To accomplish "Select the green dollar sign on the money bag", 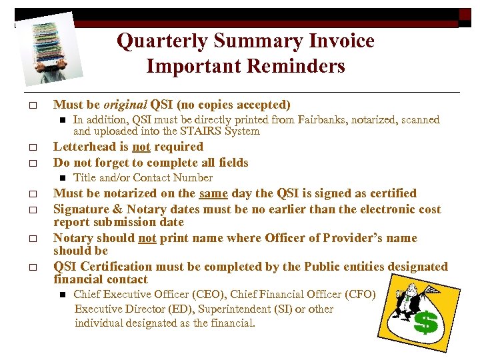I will click(x=426, y=323).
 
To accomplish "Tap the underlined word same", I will click(x=213, y=193).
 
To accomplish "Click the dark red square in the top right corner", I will click(x=465, y=15).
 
